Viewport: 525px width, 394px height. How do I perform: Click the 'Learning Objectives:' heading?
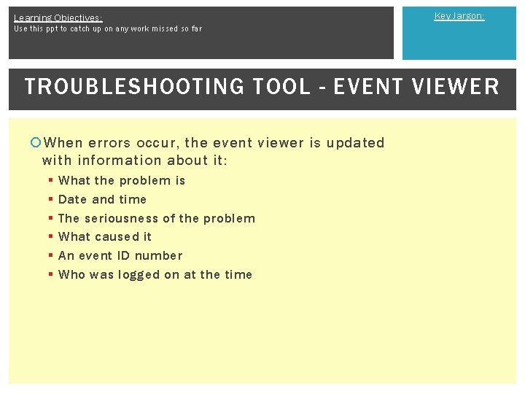pos(58,18)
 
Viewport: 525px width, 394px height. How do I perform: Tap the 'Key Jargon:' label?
pos(459,16)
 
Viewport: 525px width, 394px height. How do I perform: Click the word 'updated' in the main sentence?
pos(355,143)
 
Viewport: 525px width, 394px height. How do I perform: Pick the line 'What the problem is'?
pos(122,181)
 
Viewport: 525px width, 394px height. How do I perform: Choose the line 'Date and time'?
pos(102,199)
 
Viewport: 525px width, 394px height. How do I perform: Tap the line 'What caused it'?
pos(105,236)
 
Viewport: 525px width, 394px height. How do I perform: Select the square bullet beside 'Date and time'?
pos(50,200)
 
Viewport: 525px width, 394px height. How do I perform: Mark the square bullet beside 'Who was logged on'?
pos(50,275)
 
